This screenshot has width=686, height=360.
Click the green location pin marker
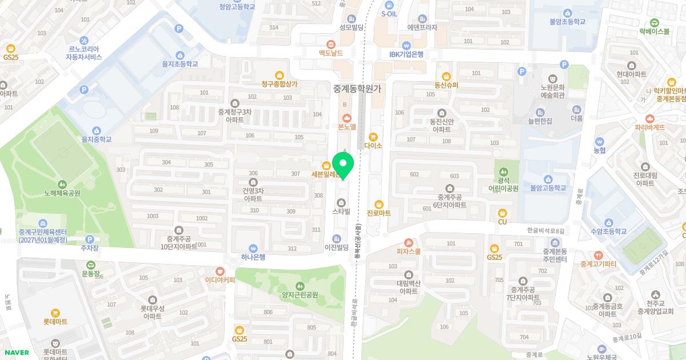click(343, 165)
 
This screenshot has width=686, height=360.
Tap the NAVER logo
click(16, 353)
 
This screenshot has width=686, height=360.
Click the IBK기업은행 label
click(406, 54)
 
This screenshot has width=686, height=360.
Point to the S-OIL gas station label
click(389, 14)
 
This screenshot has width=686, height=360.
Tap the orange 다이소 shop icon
click(373, 137)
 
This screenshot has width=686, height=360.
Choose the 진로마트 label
click(378, 213)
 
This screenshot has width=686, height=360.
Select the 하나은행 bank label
click(253, 257)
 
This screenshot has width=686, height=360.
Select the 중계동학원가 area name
click(357, 89)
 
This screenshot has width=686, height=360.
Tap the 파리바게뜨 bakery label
click(649, 127)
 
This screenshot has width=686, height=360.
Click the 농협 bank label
click(599, 150)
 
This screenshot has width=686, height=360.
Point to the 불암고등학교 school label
click(548, 187)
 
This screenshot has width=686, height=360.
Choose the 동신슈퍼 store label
click(446, 85)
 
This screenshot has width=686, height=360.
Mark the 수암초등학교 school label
click(609, 231)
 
